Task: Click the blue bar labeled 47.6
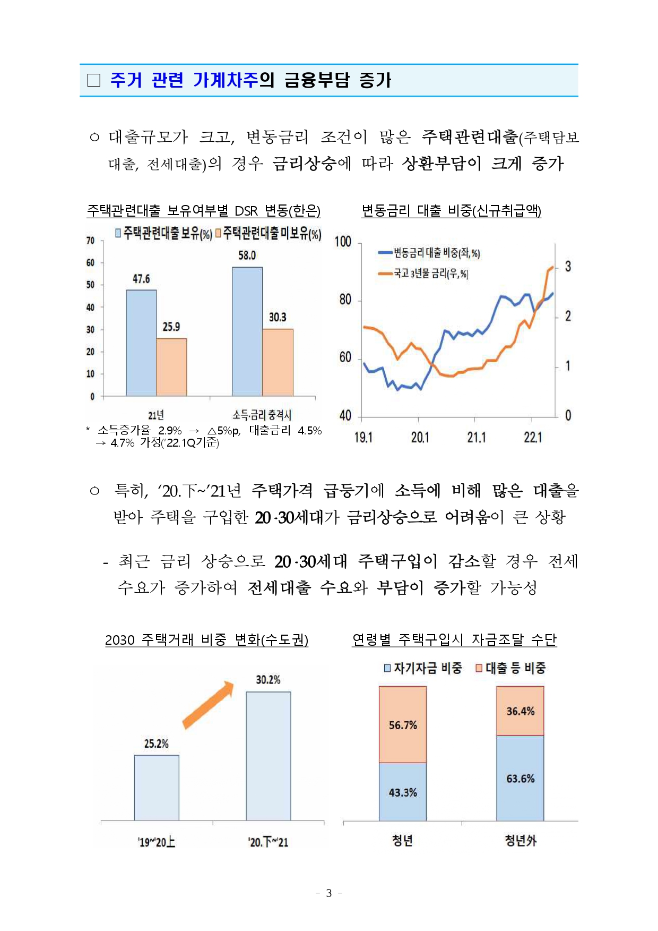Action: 141,343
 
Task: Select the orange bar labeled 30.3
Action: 278,362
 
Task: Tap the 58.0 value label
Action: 247,255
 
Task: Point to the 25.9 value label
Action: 171,327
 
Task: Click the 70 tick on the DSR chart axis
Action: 90,241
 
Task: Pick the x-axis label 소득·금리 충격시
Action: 262,415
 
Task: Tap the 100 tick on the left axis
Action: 343,242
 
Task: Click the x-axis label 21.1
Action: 477,437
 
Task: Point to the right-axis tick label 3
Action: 568,267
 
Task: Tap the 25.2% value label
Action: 157,744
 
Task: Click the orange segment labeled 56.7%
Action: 403,724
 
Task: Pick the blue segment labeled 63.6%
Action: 520,778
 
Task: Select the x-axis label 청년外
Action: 520,841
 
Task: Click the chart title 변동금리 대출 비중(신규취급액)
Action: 451,211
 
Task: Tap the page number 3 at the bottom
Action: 329,893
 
